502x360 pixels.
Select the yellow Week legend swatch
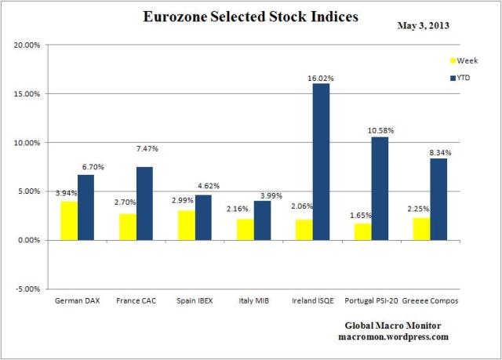451,60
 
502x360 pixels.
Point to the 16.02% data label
321,78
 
